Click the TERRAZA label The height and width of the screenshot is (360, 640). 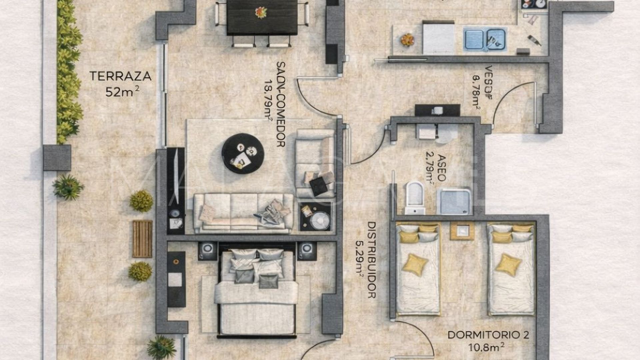120,76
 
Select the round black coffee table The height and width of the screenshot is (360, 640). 243,154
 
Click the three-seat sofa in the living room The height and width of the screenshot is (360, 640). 243,213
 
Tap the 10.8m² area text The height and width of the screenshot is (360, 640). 486,347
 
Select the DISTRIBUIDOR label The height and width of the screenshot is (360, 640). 371,260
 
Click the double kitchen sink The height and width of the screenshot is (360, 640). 485,39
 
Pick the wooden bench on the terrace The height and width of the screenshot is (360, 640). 142,239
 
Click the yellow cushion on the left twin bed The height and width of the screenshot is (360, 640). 415,264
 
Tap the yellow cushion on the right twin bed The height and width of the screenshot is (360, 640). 508,264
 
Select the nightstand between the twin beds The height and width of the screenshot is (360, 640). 462,231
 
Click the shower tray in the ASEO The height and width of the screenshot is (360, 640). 454,202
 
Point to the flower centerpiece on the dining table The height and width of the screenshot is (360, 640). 261,13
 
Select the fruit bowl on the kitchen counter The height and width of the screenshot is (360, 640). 407,40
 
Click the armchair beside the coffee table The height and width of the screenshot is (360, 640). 315,163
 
